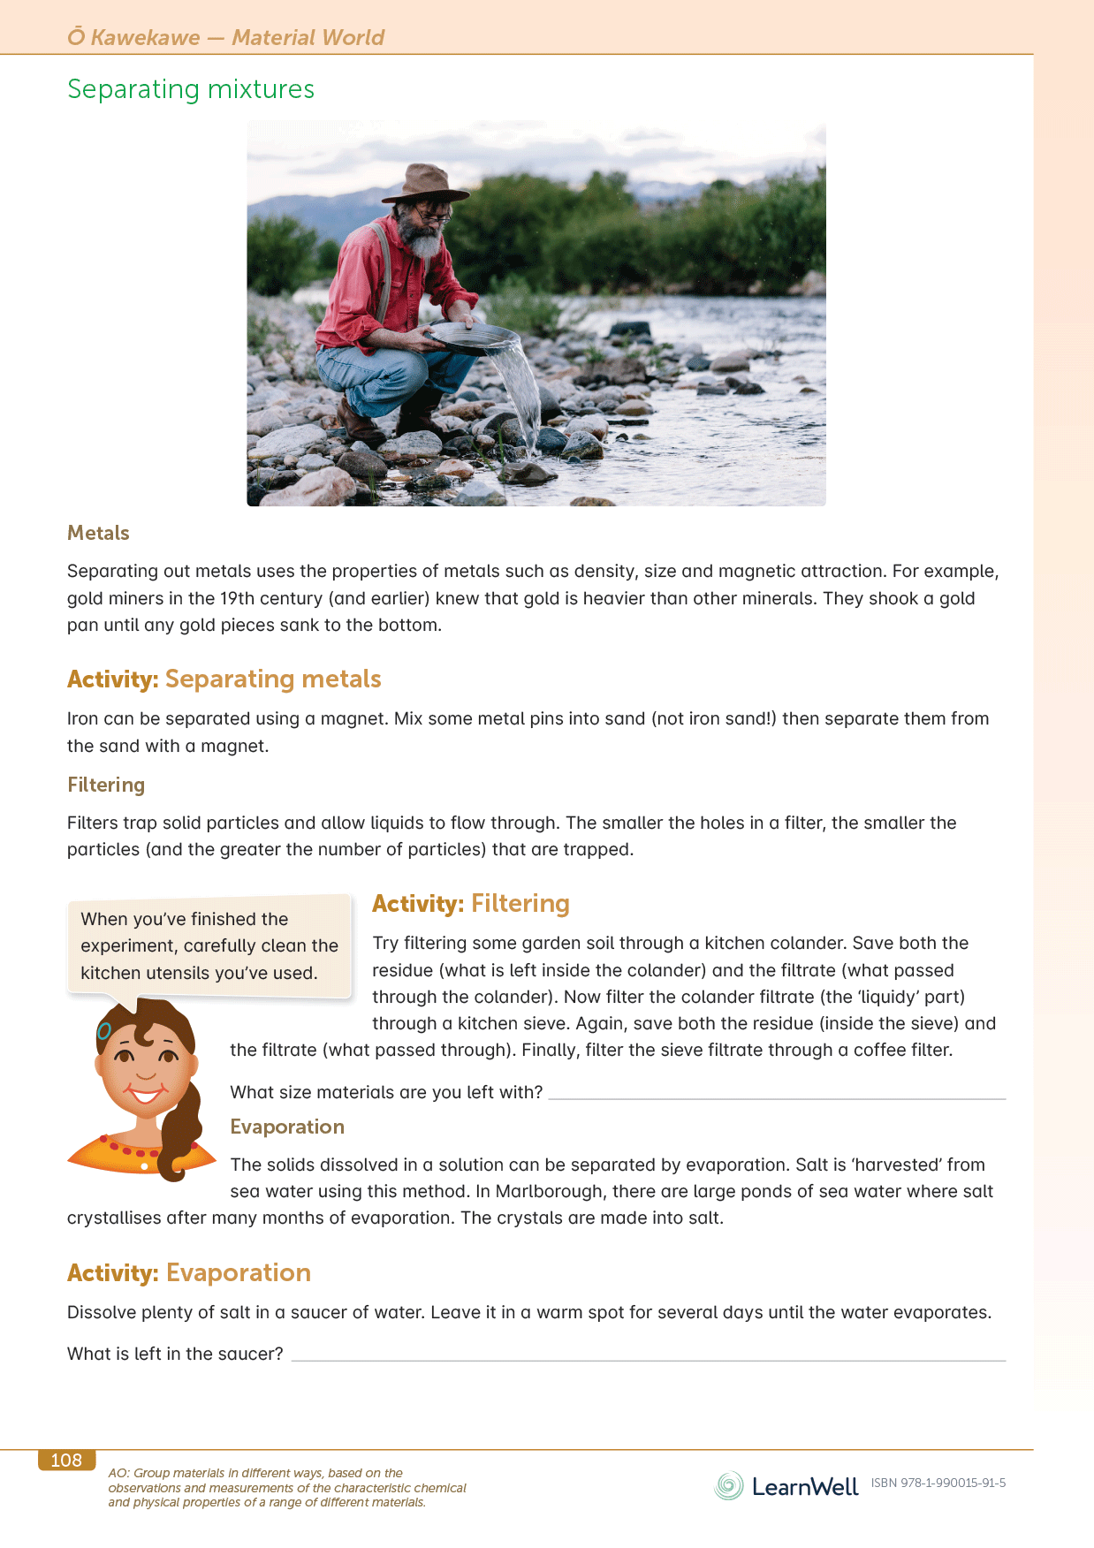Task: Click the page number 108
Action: pyautogui.click(x=66, y=1461)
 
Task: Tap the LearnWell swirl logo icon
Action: pyautogui.click(x=729, y=1486)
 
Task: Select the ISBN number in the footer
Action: pyautogui.click(x=938, y=1483)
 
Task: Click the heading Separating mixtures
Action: pyautogui.click(x=191, y=89)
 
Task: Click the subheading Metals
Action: pyautogui.click(x=98, y=533)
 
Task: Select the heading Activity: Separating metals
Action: pyautogui.click(x=224, y=679)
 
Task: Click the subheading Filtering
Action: pyautogui.click(x=106, y=785)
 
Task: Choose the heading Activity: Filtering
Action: pyautogui.click(x=471, y=903)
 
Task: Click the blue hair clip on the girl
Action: pyautogui.click(x=104, y=1031)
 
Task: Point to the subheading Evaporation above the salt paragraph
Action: pyautogui.click(x=287, y=1127)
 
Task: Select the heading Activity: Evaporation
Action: pyautogui.click(x=189, y=1272)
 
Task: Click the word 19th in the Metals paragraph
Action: pyautogui.click(x=238, y=598)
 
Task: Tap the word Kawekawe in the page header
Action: pyautogui.click(x=145, y=37)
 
